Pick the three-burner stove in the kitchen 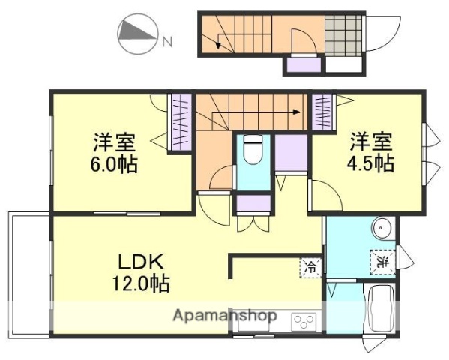pyautogui.click(x=304, y=321)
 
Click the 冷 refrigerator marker pyautogui.click(x=310, y=265)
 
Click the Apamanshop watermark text pyautogui.click(x=225, y=315)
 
